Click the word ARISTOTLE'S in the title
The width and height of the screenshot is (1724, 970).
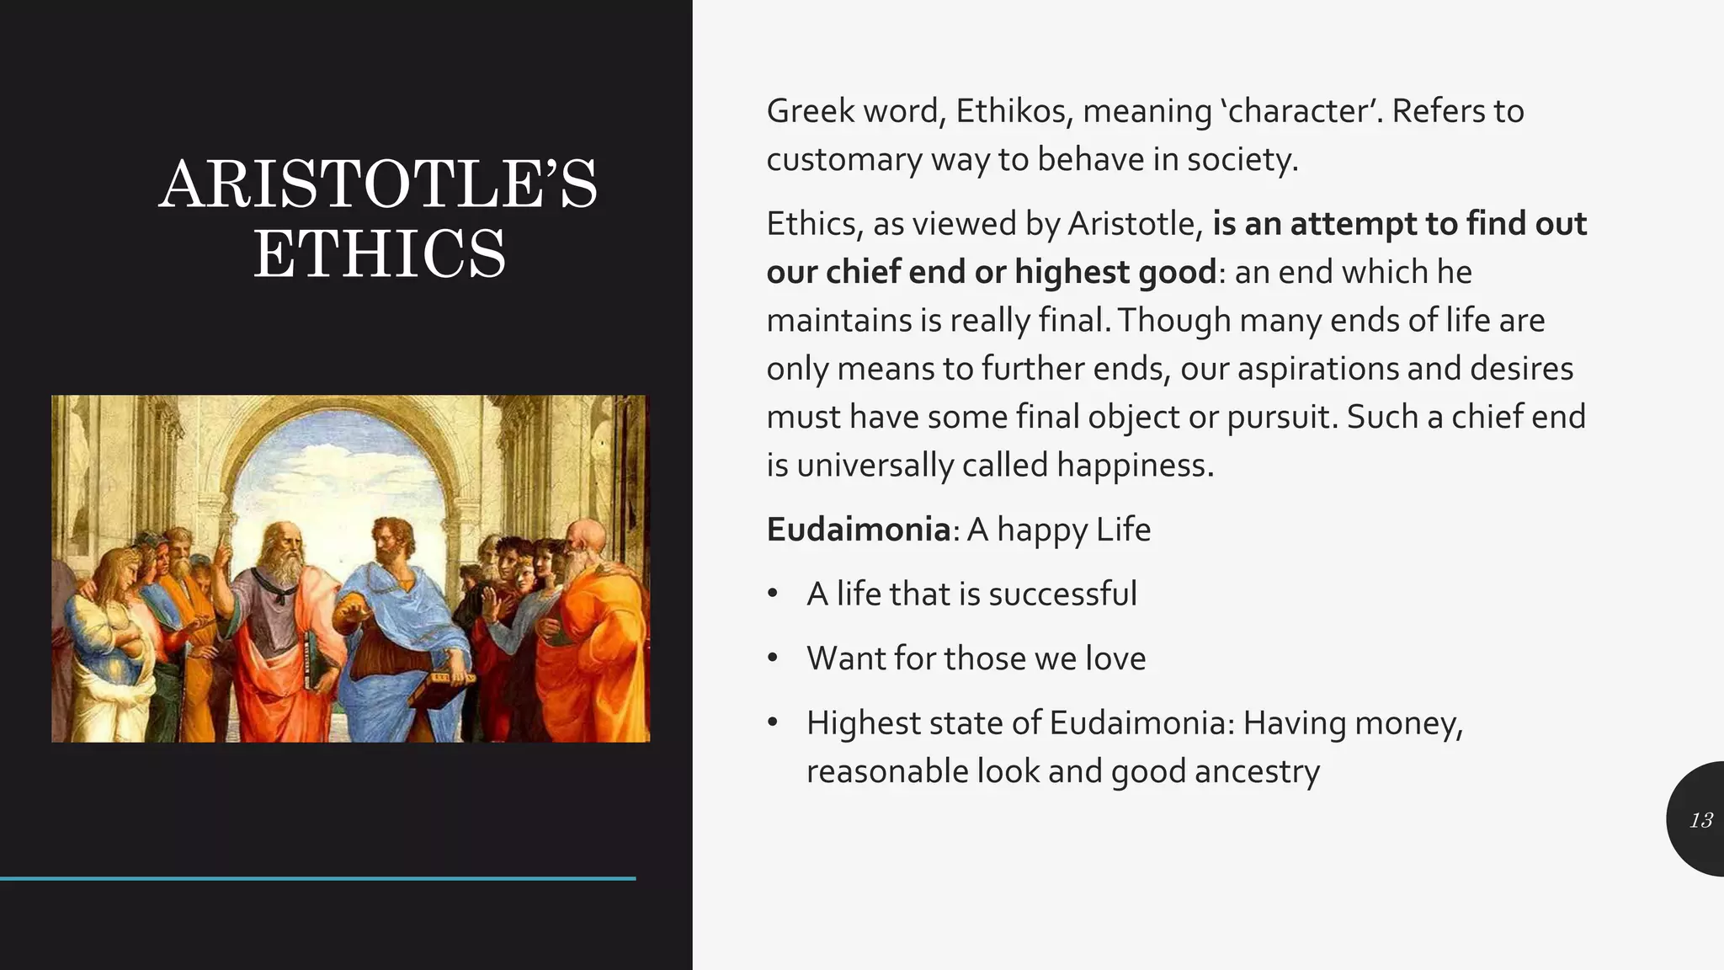point(378,184)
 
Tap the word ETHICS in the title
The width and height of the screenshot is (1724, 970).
point(380,254)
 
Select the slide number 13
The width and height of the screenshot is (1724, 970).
point(1700,820)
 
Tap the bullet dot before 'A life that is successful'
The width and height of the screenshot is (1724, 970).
point(773,594)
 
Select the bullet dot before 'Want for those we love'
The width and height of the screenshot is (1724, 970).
point(773,658)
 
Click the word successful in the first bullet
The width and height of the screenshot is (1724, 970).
point(1062,594)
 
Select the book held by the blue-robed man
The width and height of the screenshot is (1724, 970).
point(451,677)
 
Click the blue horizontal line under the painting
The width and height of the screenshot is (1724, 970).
point(317,878)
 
